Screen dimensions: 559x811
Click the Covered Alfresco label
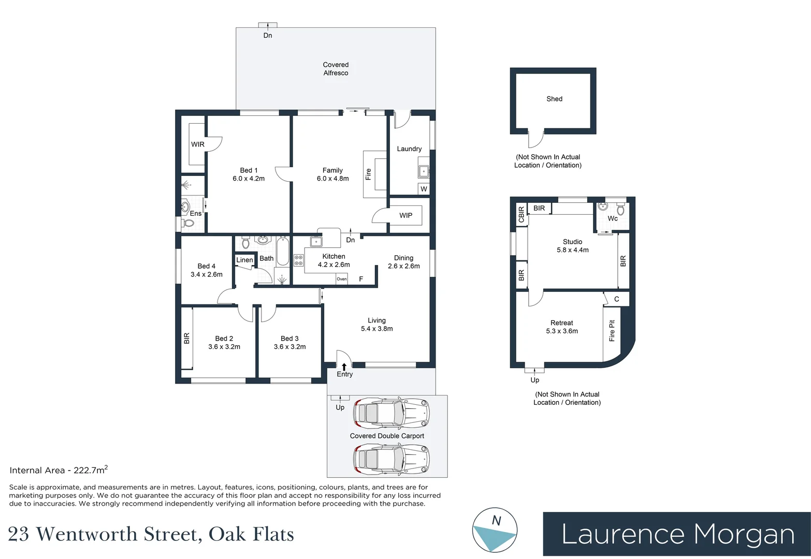pyautogui.click(x=336, y=69)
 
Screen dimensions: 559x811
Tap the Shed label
pyautogui.click(x=554, y=99)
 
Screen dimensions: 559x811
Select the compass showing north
pyautogui.click(x=495, y=530)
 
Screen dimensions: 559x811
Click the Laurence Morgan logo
pyautogui.click(x=677, y=534)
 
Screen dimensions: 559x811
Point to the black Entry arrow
pyautogui.click(x=344, y=366)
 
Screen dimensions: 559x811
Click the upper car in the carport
pyautogui.click(x=391, y=413)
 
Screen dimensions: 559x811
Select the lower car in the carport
pyautogui.click(x=391, y=459)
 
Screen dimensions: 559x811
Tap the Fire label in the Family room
pyautogui.click(x=369, y=174)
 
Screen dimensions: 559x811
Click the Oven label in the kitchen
pyautogui.click(x=342, y=279)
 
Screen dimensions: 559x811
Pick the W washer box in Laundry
pyautogui.click(x=424, y=189)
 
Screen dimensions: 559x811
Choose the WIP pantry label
pyautogui.click(x=406, y=215)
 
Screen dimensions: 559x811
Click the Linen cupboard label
pyautogui.click(x=244, y=260)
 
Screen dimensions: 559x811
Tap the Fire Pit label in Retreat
pyautogui.click(x=612, y=331)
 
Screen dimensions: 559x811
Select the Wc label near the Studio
pyautogui.click(x=613, y=218)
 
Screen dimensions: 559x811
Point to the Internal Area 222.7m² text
pyautogui.click(x=59, y=470)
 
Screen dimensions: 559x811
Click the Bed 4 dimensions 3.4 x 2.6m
pyautogui.click(x=207, y=274)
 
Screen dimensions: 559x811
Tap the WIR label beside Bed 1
pyautogui.click(x=198, y=144)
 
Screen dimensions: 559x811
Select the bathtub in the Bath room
pyautogui.click(x=282, y=252)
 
